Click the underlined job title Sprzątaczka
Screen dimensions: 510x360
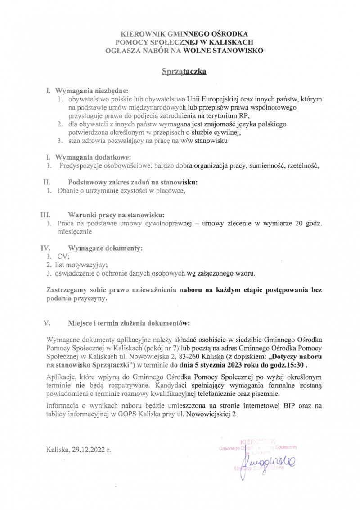point(184,71)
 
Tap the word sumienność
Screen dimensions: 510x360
point(264,165)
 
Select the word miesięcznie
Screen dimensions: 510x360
point(74,232)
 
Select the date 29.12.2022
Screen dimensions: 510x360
point(87,450)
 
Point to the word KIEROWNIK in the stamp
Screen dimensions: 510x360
point(258,441)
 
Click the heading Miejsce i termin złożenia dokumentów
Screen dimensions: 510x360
point(129,323)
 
